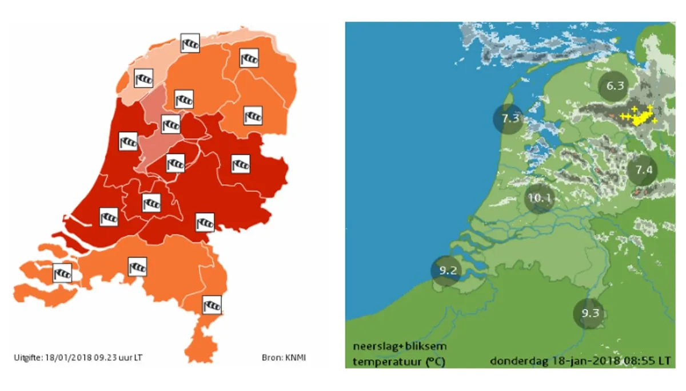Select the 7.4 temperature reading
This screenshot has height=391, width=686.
643,170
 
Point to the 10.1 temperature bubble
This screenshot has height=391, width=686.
540,199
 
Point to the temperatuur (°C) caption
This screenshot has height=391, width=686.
398,361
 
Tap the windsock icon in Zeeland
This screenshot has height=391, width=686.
62,273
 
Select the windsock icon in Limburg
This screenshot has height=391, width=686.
212,305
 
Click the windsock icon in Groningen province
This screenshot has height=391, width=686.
249,58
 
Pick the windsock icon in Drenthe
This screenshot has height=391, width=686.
253,116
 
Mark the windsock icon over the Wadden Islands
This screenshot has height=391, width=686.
190,42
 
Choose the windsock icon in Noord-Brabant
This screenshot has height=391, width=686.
137,266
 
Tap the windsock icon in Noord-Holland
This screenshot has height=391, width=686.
128,141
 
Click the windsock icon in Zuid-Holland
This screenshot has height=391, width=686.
109,216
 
